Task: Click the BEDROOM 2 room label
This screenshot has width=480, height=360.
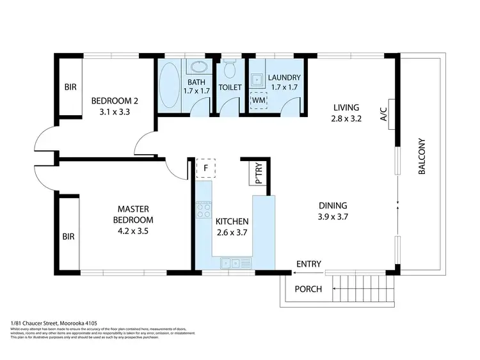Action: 113,101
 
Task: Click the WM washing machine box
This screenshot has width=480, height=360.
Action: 258,100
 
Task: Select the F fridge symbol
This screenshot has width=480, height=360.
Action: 205,168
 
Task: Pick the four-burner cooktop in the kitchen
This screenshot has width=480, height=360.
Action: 204,210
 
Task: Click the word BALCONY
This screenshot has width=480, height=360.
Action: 422,158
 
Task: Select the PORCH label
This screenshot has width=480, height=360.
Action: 308,289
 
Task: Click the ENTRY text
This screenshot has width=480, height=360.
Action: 308,264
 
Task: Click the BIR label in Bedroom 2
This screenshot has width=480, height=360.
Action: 69,88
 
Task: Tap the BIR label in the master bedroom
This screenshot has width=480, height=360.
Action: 68,237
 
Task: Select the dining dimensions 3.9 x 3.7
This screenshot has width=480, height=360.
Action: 333,217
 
